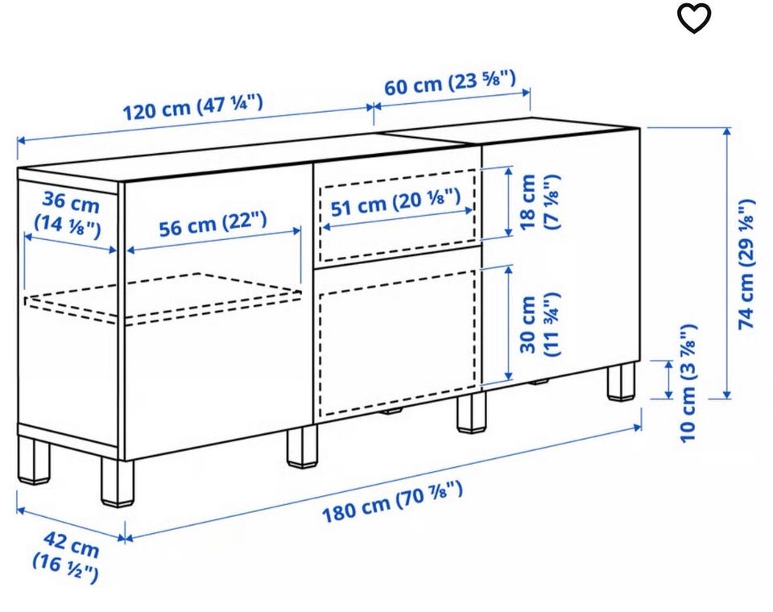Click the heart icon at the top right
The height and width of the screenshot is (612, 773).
pos(693,19)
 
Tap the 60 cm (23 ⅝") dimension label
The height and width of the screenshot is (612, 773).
pos(450,83)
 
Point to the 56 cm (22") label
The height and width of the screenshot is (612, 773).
pos(213,223)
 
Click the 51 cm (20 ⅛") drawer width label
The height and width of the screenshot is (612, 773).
pos(396,202)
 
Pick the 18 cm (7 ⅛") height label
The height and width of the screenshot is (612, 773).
pos(540,201)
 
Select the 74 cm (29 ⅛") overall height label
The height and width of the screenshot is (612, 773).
pos(746,264)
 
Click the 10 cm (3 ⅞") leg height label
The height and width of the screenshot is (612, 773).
pos(688,383)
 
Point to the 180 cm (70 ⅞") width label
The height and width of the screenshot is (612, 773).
pos(392,502)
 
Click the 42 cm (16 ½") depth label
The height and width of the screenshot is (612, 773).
pos(66,556)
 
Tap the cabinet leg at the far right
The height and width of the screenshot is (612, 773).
pos(621,381)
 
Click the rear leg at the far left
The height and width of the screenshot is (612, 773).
pos(34,460)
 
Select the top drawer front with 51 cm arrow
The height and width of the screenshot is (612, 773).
pos(396,211)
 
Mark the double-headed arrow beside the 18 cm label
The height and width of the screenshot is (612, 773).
pos(508,201)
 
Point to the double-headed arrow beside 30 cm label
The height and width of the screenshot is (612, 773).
pos(508,323)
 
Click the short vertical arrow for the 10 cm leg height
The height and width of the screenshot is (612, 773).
pos(669,379)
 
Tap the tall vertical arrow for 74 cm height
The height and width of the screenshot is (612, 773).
pos(726,263)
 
